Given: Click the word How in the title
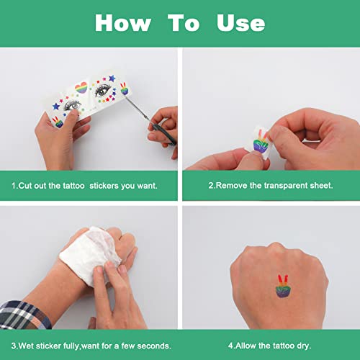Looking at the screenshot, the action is pos(123,23).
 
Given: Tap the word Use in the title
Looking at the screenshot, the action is pos(240,23).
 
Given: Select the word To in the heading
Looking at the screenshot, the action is pos(184,23).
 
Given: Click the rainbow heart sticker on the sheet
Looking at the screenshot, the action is pos(81,88).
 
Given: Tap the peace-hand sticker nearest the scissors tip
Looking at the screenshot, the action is pos(124,89).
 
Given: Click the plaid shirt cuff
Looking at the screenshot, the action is pos(24,315).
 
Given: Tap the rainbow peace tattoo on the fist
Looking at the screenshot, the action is pos(283,286).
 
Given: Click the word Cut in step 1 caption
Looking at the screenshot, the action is pos(25,186).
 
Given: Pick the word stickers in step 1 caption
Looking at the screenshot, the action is pos(104,186).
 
